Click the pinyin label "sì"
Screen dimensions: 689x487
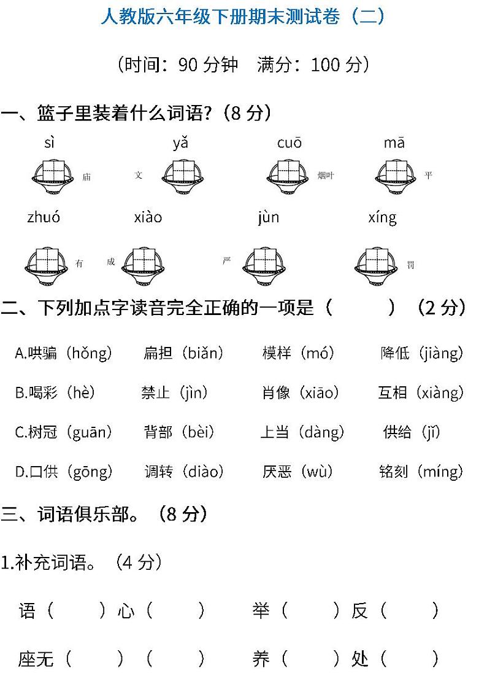pyautogui.click(x=50, y=144)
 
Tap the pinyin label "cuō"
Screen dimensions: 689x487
pyautogui.click(x=290, y=144)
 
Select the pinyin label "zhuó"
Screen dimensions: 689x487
pyautogui.click(x=44, y=217)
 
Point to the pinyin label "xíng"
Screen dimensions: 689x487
pyautogui.click(x=382, y=217)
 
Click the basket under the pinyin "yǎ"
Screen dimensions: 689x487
pyautogui.click(x=183, y=176)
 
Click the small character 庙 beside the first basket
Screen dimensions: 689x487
pyautogui.click(x=86, y=177)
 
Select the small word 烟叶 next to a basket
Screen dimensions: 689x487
pyautogui.click(x=326, y=176)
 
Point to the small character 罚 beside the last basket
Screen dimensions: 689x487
pyautogui.click(x=410, y=265)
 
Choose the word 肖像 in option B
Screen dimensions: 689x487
pyautogui.click(x=276, y=392)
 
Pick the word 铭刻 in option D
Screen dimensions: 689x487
pyautogui.click(x=394, y=472)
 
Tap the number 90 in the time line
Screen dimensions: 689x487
pyautogui.click(x=188, y=64)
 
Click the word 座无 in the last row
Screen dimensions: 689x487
pyautogui.click(x=36, y=659)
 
